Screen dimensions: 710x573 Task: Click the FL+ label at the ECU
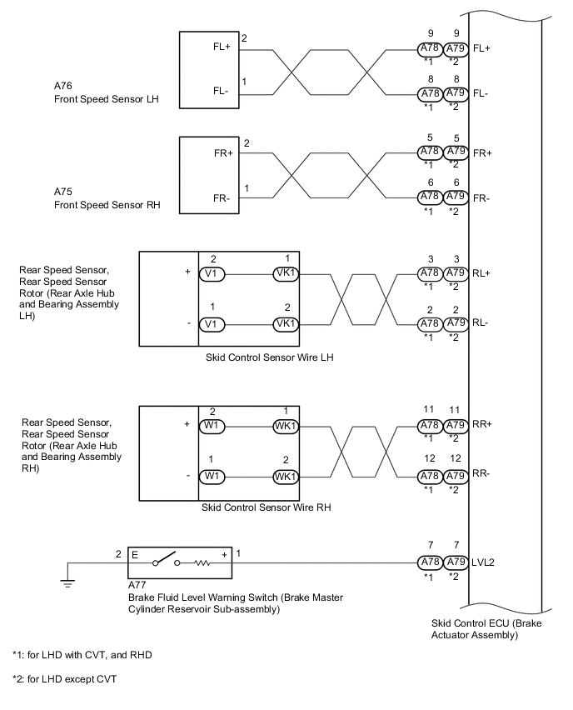click(481, 49)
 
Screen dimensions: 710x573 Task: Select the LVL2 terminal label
click(484, 563)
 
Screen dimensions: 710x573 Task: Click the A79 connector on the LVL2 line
click(455, 563)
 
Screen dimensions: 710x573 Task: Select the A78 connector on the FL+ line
click(428, 49)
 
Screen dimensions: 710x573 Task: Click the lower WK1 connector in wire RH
click(286, 477)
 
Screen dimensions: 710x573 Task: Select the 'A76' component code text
click(62, 86)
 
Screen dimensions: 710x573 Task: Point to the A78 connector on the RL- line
click(428, 323)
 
